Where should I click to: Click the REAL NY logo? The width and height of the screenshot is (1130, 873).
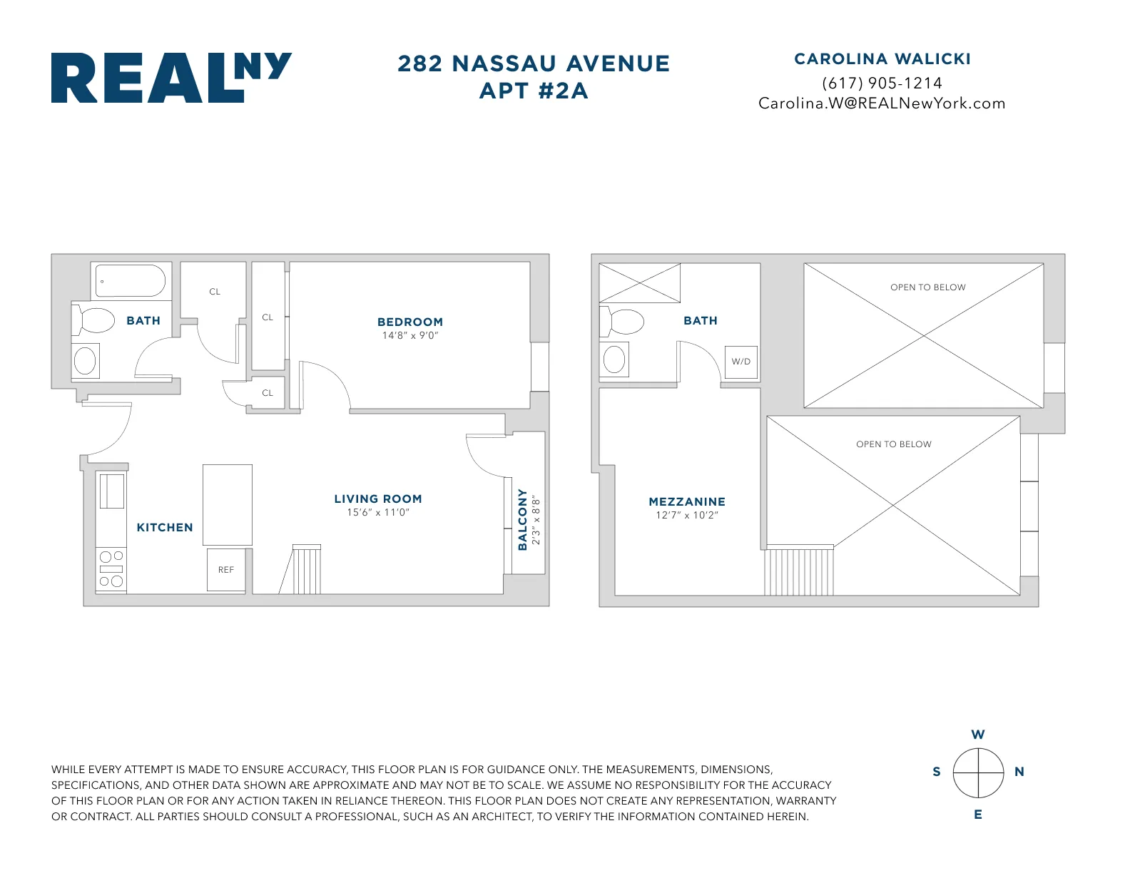pos(171,78)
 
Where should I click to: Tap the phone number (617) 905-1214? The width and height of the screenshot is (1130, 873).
pos(882,83)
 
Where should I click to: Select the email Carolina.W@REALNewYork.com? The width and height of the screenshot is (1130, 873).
pos(882,103)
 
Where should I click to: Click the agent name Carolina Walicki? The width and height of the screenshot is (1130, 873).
pos(882,59)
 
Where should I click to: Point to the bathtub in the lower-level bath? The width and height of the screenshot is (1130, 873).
pos(131,281)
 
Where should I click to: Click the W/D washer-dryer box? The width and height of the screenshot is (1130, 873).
pos(740,362)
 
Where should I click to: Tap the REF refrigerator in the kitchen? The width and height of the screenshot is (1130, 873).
pos(226,570)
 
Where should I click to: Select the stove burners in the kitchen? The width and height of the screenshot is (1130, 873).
pos(111,569)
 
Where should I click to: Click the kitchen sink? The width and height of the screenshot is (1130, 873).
pos(111,491)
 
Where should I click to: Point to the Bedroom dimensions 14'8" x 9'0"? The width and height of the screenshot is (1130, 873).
pos(410,336)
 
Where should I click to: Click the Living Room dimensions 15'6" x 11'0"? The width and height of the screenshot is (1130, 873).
pos(378,513)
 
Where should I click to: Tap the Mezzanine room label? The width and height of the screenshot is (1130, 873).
pos(687,502)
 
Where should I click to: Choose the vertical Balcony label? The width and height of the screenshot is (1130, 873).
pos(523,519)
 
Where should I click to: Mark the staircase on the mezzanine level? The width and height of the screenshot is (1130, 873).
pos(799,571)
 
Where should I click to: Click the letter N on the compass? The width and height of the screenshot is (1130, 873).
pos(1019,772)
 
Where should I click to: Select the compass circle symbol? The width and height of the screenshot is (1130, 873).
pos(978,773)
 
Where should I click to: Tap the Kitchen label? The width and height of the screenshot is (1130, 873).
pos(165,528)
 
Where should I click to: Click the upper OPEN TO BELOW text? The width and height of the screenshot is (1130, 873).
pos(927,287)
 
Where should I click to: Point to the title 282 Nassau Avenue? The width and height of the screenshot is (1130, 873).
pos(534,64)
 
